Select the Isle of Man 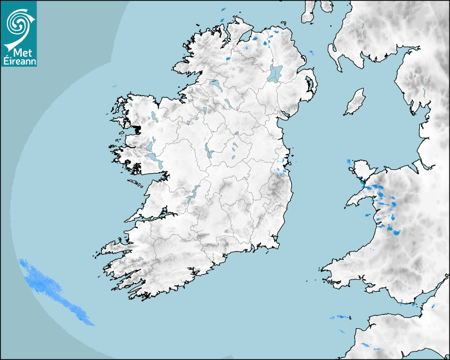coord(355,102)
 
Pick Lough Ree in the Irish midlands coord(209,150)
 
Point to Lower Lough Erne coord(214,84)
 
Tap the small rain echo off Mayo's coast coord(114,86)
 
